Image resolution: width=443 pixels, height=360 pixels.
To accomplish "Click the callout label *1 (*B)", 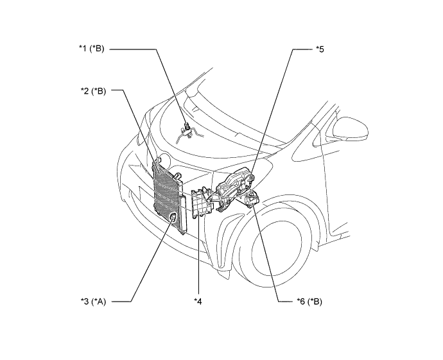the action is (x=91, y=49).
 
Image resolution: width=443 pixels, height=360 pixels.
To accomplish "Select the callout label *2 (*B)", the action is (x=93, y=91).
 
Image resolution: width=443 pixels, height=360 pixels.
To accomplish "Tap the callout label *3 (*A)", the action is (x=93, y=302).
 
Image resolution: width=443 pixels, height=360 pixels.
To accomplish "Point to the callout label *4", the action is (x=198, y=302).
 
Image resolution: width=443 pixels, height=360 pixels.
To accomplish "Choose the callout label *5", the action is (x=320, y=49).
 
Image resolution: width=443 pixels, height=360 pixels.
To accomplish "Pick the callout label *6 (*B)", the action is (x=309, y=302).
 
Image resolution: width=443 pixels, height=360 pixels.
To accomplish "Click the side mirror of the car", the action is (x=351, y=129).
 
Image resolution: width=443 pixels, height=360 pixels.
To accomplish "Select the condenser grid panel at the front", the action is (x=167, y=195).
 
